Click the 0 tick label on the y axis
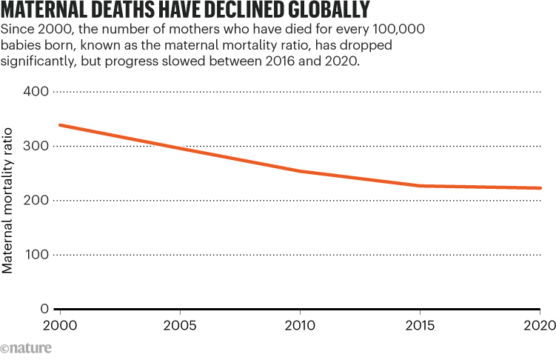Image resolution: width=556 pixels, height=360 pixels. point(44,309)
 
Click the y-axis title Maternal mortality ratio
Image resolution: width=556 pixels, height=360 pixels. point(8,200)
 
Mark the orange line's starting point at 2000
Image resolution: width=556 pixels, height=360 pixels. point(59,125)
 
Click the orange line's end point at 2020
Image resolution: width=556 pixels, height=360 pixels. point(540,188)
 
